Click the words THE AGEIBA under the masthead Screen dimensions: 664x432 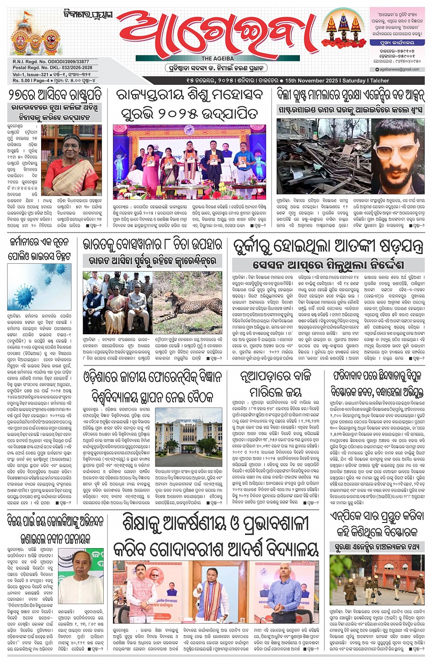[x=218, y=59]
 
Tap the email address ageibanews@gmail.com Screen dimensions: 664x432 [x=399, y=70]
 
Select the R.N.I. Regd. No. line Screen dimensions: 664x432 [x=51, y=61]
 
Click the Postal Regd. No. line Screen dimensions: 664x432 [x=52, y=68]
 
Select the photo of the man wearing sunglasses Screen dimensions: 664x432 [x=397, y=156]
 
